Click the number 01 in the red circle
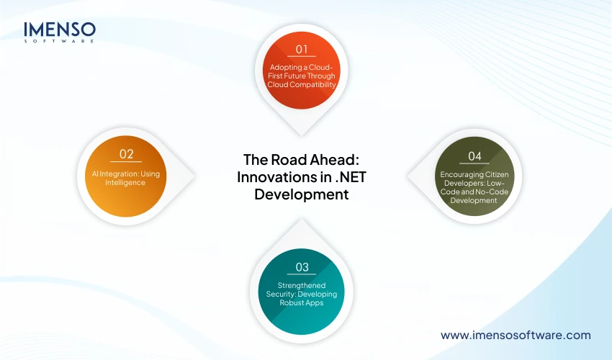(302, 50)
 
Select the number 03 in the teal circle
(302, 267)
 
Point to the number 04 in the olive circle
(474, 156)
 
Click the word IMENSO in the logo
(60, 30)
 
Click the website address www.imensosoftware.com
(516, 335)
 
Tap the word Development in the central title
(302, 194)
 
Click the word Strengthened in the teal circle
(302, 285)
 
